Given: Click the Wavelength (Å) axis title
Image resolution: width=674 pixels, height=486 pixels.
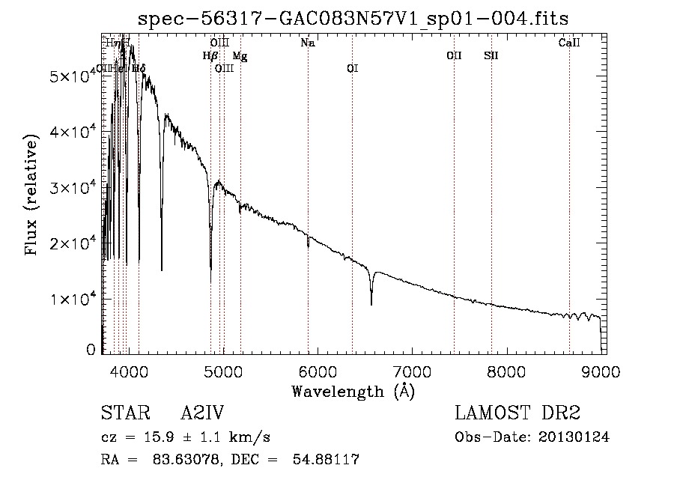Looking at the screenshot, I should pyautogui.click(x=353, y=391).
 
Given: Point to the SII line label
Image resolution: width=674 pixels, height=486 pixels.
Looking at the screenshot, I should pyautogui.click(x=491, y=56).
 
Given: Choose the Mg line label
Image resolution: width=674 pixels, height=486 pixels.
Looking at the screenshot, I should pyautogui.click(x=239, y=56).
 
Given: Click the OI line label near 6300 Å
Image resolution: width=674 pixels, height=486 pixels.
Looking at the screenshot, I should pyautogui.click(x=352, y=69).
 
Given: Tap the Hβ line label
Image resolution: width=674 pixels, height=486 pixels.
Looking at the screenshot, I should pyautogui.click(x=210, y=56).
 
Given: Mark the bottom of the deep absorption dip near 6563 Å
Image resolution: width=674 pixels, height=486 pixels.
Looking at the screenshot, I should pyautogui.click(x=371, y=303).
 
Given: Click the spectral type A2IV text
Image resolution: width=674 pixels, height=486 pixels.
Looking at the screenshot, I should pyautogui.click(x=202, y=414).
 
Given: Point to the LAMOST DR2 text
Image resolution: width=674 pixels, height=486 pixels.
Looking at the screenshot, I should pyautogui.click(x=517, y=414).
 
